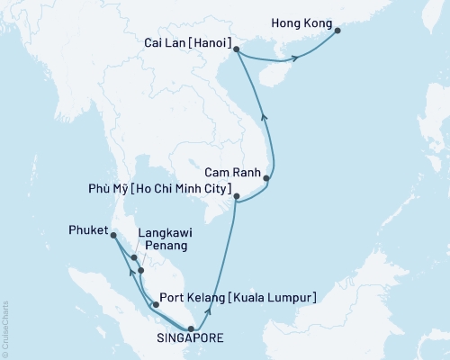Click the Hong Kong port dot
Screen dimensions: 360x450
pos(337,31)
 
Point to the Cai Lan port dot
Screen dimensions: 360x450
pos(236,50)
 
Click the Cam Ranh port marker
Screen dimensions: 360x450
pos(266,179)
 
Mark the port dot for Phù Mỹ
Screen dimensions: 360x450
pos(236,196)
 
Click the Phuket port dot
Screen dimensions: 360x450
pos(113,236)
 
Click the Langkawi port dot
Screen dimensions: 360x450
pos(133,258)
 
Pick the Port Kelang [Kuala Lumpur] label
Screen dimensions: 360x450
pos(237,296)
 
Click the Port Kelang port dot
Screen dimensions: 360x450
pos(157,304)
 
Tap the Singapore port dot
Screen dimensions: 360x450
pos(190,328)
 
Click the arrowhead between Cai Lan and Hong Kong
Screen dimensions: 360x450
pos(293,59)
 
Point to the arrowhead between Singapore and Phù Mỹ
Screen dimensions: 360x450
pos(209,310)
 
